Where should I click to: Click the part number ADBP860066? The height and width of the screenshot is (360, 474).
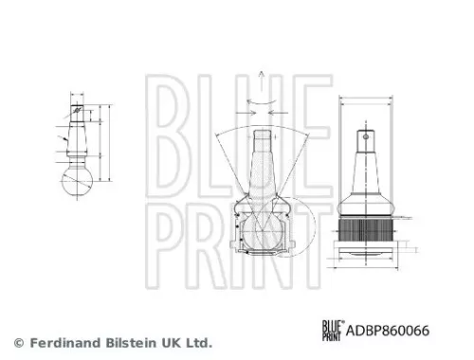click(x=394, y=331)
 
